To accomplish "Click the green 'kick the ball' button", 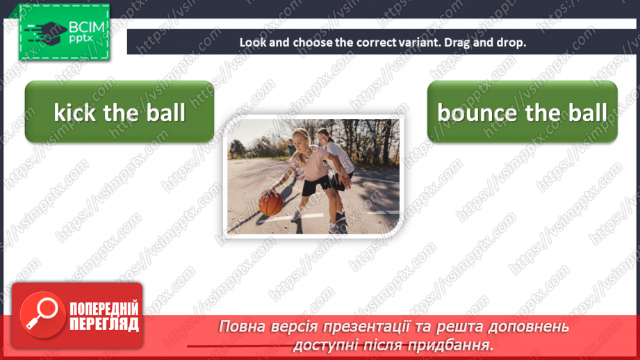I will [120, 113].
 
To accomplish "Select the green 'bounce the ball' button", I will [522, 113].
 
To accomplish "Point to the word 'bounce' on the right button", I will [477, 113].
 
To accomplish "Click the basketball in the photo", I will [271, 203].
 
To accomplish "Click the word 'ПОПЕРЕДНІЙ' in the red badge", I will [104, 309].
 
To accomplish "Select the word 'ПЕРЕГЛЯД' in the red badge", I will [104, 324].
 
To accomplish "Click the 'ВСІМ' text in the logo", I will [86, 27].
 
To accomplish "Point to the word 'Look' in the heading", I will [251, 42].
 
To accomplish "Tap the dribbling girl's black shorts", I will [314, 186].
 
